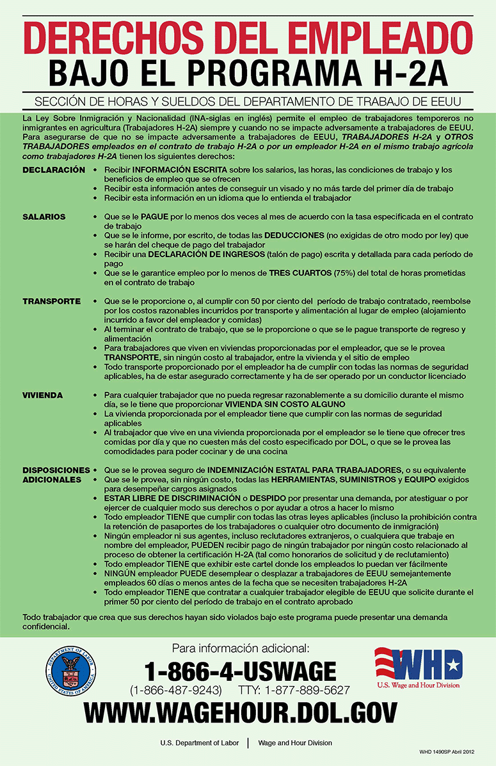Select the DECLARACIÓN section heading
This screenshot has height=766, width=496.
pyautogui.click(x=54, y=170)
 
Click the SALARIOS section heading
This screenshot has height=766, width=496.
pyautogui.click(x=44, y=217)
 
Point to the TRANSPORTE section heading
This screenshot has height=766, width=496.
pyautogui.click(x=51, y=301)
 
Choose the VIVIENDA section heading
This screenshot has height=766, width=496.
pyautogui.click(x=43, y=395)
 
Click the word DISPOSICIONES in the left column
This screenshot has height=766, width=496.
pyautogui.click(x=56, y=469)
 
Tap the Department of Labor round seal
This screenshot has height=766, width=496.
pyautogui.click(x=71, y=671)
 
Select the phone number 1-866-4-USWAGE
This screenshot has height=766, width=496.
pyautogui.click(x=240, y=671)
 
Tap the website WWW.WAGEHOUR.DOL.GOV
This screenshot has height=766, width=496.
pyautogui.click(x=241, y=712)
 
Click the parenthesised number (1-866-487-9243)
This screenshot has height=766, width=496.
pyautogui.click(x=176, y=691)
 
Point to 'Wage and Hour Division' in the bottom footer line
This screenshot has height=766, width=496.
pyautogui.click(x=295, y=743)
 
